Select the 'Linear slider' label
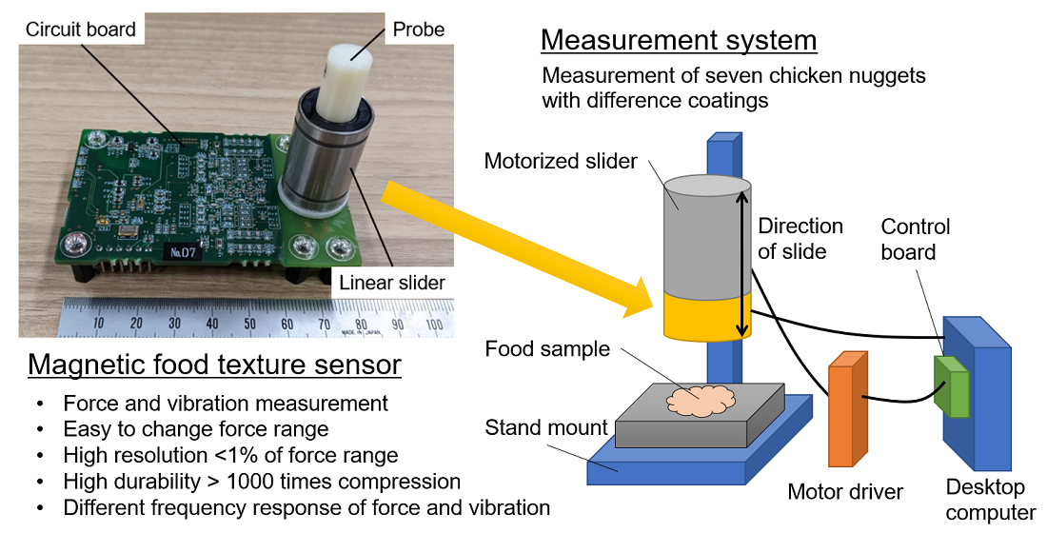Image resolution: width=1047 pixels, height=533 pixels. [391, 282]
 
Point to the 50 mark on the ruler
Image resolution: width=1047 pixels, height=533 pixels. [249, 324]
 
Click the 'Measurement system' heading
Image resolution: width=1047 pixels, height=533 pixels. [678, 41]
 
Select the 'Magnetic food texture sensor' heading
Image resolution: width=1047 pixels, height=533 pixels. [214, 365]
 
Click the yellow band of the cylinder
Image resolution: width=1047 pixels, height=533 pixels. [706, 316]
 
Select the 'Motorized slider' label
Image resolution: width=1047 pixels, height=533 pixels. [561, 161]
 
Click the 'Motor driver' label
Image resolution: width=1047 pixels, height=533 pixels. [845, 492]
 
